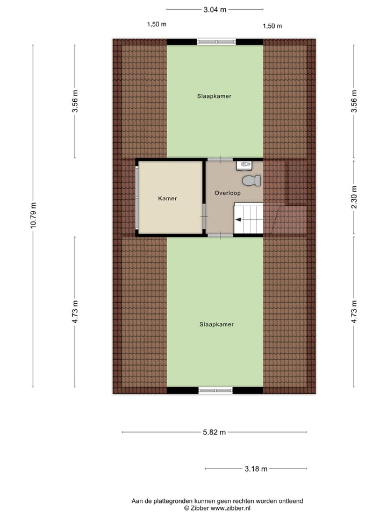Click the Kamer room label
(x=167, y=199)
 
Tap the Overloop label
(x=227, y=193)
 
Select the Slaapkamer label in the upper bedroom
(x=214, y=96)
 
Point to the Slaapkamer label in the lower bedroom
(x=217, y=325)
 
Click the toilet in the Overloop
(x=248, y=180)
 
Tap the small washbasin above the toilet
(x=244, y=164)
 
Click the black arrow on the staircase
(x=237, y=219)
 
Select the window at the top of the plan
(x=216, y=42)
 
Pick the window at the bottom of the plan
(x=216, y=390)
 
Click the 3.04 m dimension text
(x=214, y=9)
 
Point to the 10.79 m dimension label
(x=34, y=215)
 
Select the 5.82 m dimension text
(x=214, y=432)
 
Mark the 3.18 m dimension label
(x=256, y=469)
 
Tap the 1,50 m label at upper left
(x=156, y=24)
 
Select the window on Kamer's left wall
(x=137, y=198)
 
